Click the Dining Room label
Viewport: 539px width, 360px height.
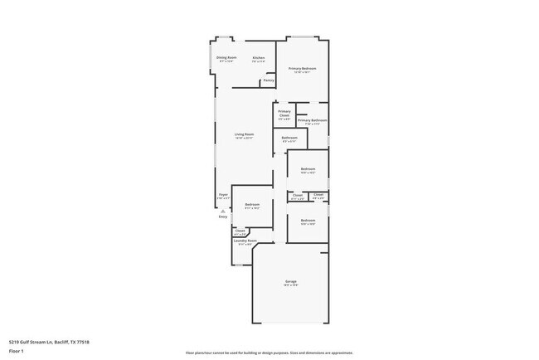[x=226, y=57]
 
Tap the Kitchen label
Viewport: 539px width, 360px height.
[x=259, y=57]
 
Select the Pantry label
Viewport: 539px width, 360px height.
[x=269, y=80]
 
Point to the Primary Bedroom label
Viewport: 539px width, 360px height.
[x=302, y=68]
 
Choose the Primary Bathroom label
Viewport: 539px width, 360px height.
[x=313, y=120]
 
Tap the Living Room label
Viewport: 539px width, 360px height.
[x=244, y=134]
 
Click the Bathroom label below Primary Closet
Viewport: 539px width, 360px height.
[x=289, y=138]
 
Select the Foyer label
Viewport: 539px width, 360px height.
[x=223, y=194]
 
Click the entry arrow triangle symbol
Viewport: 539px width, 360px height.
[x=222, y=210]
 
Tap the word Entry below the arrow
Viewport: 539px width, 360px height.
[x=222, y=216]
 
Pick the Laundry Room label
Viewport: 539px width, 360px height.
[x=245, y=241]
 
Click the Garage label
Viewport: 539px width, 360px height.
[x=291, y=281]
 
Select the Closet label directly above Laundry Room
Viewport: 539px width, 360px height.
[x=240, y=231]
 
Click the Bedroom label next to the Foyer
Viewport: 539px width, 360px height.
[x=252, y=204]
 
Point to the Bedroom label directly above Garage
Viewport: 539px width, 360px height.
[x=308, y=220]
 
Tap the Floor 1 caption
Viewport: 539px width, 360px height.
[x=17, y=351]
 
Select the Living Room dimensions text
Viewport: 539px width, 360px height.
[x=244, y=138]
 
